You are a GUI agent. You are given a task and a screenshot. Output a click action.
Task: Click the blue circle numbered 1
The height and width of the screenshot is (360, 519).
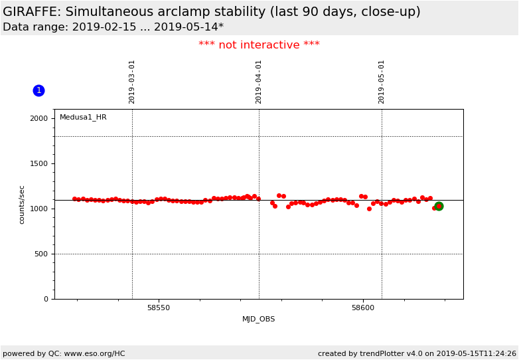coord(38,90)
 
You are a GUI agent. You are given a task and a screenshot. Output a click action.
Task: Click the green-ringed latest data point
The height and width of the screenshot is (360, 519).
coord(439,206)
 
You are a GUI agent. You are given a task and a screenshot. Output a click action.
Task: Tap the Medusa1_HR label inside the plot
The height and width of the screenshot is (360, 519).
coord(83,118)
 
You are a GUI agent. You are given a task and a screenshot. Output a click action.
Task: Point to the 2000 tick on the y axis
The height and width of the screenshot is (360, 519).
coord(38,118)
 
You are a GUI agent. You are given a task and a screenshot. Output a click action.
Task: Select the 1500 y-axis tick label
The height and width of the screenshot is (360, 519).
coord(38,163)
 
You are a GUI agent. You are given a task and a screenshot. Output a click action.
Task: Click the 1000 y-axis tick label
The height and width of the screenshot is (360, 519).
coord(38,209)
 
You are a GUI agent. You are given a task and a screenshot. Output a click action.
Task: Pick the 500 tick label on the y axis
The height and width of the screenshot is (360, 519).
coord(41,254)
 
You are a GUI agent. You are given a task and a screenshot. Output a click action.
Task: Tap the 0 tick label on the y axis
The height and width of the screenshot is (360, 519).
coord(46,299)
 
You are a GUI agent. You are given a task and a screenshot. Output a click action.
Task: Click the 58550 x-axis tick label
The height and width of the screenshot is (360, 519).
coord(158,308)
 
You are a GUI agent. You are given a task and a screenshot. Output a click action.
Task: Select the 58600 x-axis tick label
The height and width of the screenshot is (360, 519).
coord(363,308)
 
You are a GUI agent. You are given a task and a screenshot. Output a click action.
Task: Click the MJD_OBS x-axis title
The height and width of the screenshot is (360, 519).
coord(259,319)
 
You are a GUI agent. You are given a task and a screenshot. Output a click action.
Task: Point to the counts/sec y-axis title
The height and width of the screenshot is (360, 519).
coord(22,204)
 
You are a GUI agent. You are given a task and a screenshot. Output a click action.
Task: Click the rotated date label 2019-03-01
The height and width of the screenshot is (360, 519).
coord(132,82)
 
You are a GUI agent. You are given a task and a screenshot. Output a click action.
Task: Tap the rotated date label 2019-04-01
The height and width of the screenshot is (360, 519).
coord(259,82)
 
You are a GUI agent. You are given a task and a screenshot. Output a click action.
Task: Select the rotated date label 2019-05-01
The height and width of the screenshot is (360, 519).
coord(382,82)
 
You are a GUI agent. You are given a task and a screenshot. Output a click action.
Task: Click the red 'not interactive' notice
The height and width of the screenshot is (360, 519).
coord(259,45)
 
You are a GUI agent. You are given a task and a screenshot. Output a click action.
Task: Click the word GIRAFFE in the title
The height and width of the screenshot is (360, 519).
coord(32,12)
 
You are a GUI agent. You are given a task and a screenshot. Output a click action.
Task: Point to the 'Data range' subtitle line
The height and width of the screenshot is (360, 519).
coord(113,27)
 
